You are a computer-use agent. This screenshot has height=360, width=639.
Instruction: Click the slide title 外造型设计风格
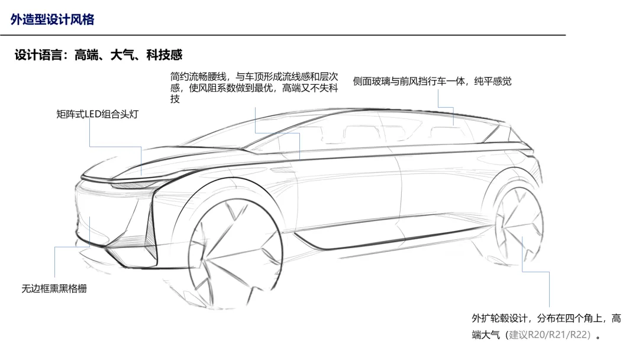click(52, 19)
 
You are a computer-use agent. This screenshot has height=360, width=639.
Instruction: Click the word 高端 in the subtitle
click(86, 54)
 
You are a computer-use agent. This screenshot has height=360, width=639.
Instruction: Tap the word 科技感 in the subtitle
click(164, 54)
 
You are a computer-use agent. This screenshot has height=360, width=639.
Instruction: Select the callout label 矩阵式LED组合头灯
click(98, 114)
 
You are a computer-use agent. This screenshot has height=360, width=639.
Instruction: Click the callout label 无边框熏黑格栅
click(54, 289)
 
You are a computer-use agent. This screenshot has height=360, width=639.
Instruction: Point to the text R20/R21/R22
click(559, 335)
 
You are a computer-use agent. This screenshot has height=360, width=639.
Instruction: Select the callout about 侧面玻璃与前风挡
click(432, 81)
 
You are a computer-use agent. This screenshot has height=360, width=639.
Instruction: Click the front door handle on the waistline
click(281, 168)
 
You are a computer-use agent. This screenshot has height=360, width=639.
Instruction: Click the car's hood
click(163, 161)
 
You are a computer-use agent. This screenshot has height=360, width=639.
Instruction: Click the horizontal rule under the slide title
click(283, 35)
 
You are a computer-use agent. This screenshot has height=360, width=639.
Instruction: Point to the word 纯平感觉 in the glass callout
click(493, 81)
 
